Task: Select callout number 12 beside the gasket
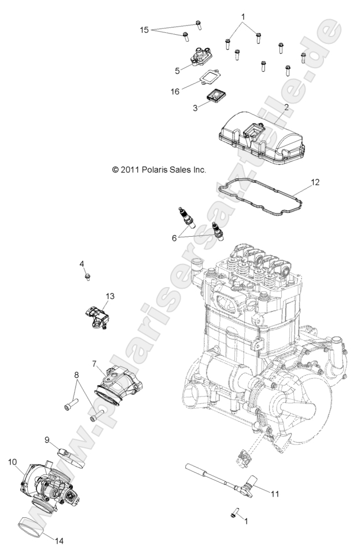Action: (315, 182)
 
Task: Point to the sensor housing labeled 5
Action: (200, 57)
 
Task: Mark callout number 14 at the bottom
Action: (60, 540)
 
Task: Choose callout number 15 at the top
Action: (145, 28)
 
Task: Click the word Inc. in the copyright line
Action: (199, 170)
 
